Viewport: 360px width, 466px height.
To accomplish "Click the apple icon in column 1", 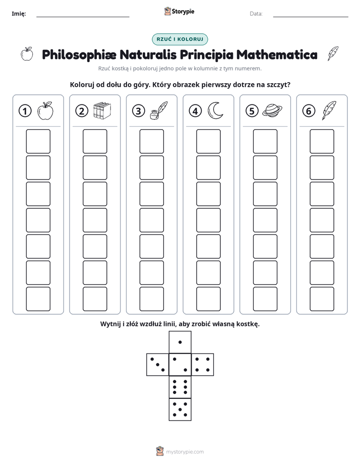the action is tap(45, 110).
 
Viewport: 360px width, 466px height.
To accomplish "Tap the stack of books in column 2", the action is tap(102, 110).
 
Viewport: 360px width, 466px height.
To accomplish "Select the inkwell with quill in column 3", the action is tap(159, 110).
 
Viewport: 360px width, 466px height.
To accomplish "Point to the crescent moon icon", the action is tap(215, 110).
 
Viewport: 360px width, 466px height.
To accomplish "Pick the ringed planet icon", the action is tap(272, 111).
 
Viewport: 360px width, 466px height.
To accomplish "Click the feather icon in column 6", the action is tap(329, 110).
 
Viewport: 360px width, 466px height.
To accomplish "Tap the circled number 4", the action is tap(195, 111).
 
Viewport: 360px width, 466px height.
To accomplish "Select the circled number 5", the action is tap(252, 111).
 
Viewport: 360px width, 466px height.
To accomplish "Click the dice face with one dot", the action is tap(180, 342).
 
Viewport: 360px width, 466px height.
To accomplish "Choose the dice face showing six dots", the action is tap(180, 387).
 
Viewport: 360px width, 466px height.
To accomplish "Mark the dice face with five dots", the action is tap(180, 409).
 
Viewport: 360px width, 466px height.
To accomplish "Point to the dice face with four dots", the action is tap(203, 364).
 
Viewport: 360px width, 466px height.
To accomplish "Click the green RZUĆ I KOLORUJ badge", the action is tap(180, 39).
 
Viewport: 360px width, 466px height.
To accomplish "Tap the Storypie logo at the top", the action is tap(179, 11).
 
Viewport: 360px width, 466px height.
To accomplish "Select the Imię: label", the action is tap(19, 14).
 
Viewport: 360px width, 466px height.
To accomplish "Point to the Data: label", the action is tap(256, 14).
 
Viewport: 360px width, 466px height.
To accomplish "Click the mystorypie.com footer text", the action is tap(185, 452).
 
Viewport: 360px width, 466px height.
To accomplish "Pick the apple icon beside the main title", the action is tap(27, 54).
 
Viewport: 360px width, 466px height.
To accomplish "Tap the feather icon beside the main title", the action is tap(333, 54).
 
